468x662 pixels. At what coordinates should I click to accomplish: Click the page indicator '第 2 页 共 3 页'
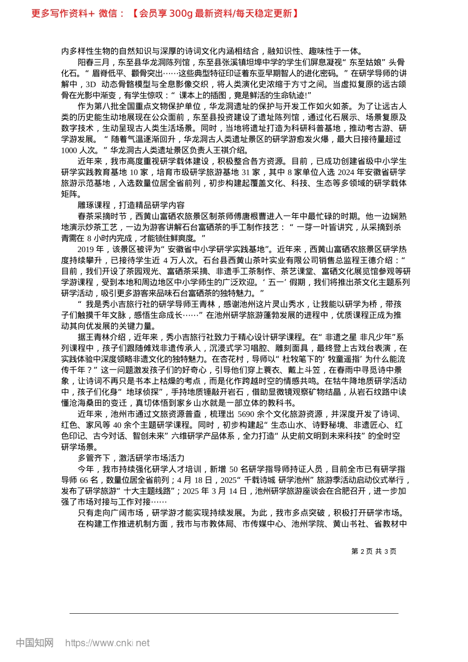click(374, 551)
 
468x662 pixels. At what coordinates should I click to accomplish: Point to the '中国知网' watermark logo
click(34, 643)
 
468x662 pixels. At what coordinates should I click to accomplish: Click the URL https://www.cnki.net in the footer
click(107, 643)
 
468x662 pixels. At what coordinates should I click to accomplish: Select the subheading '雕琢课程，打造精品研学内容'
click(131, 205)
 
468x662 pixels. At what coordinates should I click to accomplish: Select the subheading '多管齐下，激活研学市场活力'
click(131, 458)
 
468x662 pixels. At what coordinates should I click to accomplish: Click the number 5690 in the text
click(246, 414)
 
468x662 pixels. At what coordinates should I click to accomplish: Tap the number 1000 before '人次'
click(69, 150)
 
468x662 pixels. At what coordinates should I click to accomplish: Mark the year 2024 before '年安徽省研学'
click(346, 172)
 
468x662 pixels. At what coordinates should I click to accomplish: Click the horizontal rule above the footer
click(234, 613)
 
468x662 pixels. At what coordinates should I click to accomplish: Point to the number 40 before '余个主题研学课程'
click(118, 425)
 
